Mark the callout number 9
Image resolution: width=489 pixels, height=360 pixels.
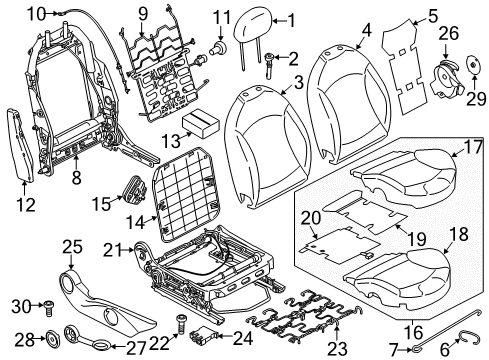pos(141,13)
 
